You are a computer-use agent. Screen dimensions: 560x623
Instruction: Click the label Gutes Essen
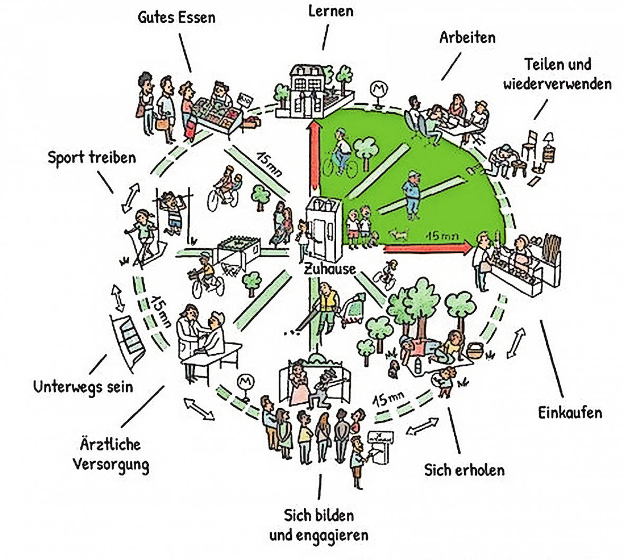[x=177, y=17]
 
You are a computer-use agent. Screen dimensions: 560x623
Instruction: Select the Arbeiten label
[x=467, y=38]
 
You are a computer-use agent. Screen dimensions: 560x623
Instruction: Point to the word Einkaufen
[x=570, y=412]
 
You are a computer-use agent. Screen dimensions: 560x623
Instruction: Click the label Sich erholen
[x=464, y=469]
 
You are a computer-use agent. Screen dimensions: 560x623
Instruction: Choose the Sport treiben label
[x=92, y=157]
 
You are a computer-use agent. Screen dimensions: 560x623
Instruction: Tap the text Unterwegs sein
[x=83, y=386]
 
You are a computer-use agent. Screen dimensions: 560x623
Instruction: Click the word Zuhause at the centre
[x=330, y=269]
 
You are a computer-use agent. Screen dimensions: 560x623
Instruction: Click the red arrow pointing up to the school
[x=314, y=159]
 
